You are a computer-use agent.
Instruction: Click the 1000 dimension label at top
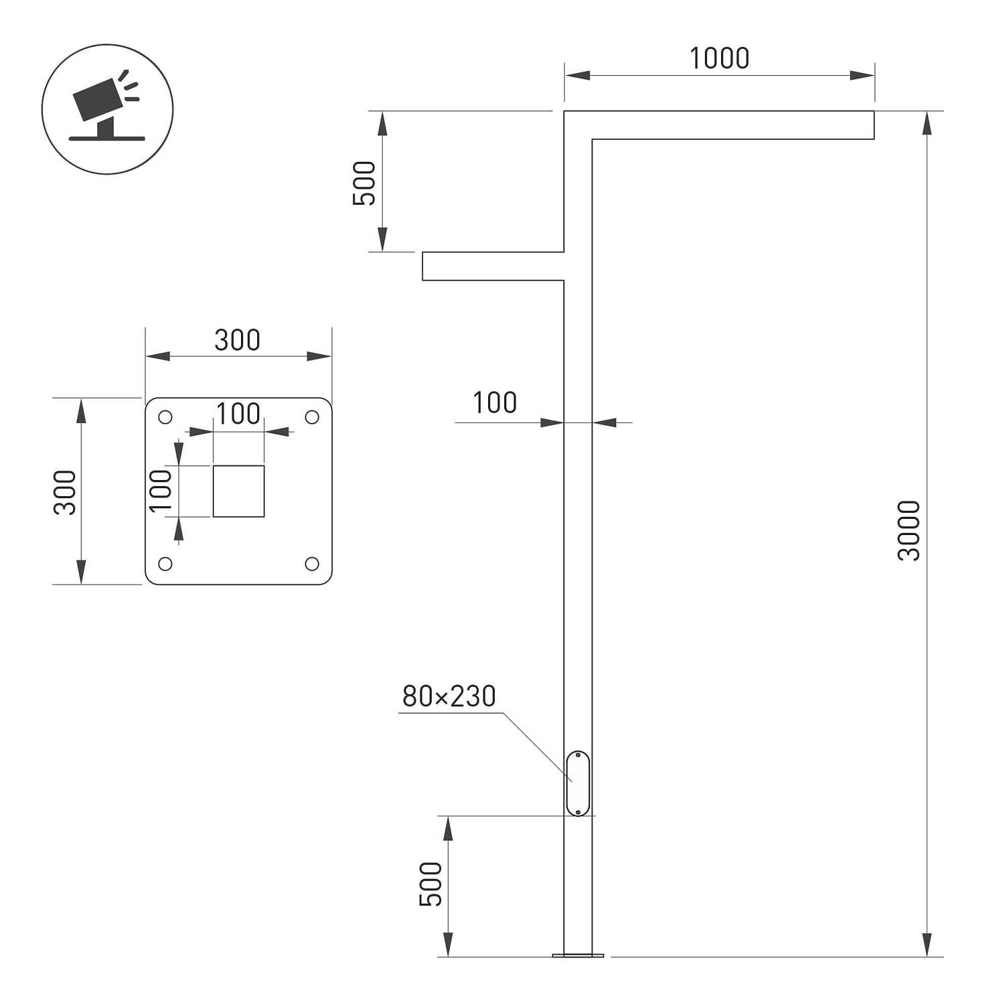click(x=719, y=59)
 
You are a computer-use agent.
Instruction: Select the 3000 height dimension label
click(x=909, y=530)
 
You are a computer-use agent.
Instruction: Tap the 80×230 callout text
click(x=448, y=697)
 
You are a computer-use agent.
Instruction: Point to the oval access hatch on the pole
click(x=577, y=783)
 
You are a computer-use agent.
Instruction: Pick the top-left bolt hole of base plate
click(x=165, y=418)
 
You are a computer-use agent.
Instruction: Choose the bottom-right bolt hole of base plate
click(x=312, y=563)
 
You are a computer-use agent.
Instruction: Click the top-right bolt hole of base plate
click(x=312, y=418)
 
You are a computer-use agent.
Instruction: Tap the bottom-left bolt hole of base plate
click(x=165, y=563)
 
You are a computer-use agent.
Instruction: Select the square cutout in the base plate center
click(x=238, y=491)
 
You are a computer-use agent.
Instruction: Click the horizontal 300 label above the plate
click(x=237, y=340)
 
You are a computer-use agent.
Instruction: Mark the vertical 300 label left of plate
click(x=65, y=492)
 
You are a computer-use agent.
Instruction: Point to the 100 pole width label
click(x=495, y=403)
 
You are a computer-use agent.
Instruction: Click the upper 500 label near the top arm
click(x=365, y=183)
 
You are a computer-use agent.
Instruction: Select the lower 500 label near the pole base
click(x=431, y=884)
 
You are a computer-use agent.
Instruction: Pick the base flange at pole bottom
click(x=577, y=955)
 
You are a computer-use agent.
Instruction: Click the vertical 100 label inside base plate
click(x=161, y=491)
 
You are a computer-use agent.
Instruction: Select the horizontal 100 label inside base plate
click(x=238, y=414)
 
